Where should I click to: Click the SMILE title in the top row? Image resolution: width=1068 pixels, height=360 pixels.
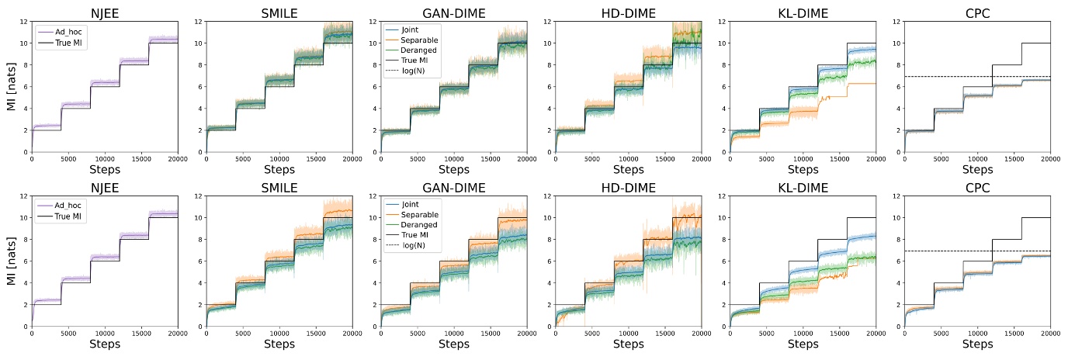[x=279, y=12]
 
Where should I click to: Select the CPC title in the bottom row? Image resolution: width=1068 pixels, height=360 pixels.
[x=976, y=187]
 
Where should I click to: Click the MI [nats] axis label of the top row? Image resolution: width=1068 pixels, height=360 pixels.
[x=10, y=87]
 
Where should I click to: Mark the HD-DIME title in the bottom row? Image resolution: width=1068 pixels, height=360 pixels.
[x=627, y=187]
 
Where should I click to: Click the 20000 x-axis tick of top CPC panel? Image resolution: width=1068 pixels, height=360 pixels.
[x=1049, y=158]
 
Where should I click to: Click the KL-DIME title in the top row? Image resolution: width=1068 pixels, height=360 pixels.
[x=802, y=12]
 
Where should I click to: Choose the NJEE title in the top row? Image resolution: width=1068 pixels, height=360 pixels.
[x=105, y=12]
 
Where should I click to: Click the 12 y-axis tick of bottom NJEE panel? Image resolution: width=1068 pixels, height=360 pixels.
[x=24, y=196]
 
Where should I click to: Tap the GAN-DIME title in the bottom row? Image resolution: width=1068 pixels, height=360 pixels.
[x=453, y=187]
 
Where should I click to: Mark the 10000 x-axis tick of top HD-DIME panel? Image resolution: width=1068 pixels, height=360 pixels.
[x=627, y=158]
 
